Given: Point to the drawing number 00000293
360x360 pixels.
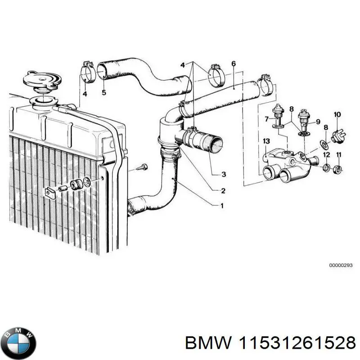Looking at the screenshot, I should pyautogui.click(x=341, y=266).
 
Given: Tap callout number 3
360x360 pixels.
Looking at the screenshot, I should pyautogui.click(x=224, y=175).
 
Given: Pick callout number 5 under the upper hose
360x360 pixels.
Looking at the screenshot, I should pyautogui.click(x=103, y=93).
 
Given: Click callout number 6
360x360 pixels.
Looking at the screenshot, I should pyautogui.click(x=233, y=64).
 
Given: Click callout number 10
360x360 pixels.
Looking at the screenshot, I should pyautogui.click(x=337, y=114).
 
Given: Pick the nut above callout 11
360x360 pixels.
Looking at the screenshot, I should pyautogui.click(x=339, y=170).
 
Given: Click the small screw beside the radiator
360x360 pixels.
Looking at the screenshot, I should pyautogui.click(x=142, y=168).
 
